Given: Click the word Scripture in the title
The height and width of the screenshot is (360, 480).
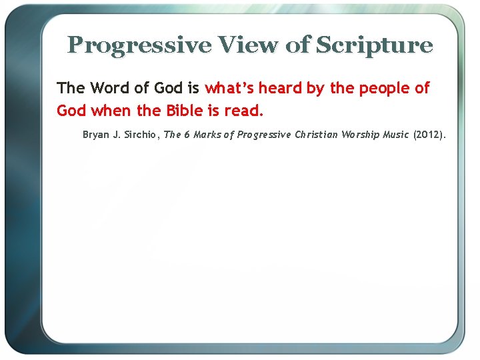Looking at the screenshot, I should [374, 45].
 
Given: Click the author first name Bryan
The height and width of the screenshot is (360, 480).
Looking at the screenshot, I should [96, 135].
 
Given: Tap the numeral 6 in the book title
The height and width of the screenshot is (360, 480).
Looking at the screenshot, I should [187, 135].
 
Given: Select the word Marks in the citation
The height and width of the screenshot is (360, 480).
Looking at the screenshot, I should [208, 135].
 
